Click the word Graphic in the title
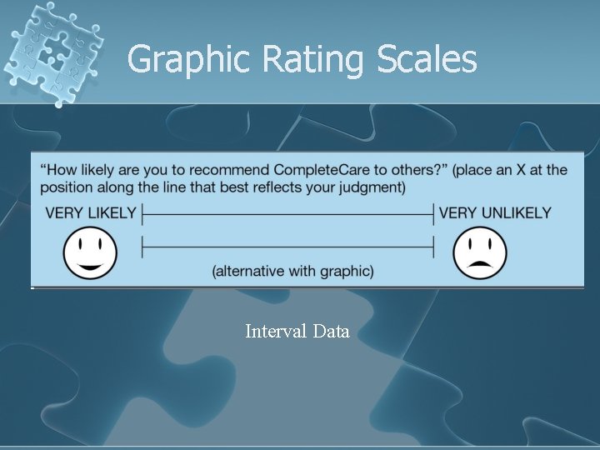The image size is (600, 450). coord(189,60)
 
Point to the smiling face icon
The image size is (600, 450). coord(91,252)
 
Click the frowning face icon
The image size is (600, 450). coord(480,252)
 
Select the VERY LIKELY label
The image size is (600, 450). coord(90,212)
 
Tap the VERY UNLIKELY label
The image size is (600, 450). coord(495,212)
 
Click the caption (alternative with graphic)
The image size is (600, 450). coord(292,271)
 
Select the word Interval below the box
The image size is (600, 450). coord(276,332)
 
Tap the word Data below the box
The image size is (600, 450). coord(332,332)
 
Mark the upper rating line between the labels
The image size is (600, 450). coord(288,214)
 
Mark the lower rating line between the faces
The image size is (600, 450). coord(288,247)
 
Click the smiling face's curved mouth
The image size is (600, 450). coord(91,265)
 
